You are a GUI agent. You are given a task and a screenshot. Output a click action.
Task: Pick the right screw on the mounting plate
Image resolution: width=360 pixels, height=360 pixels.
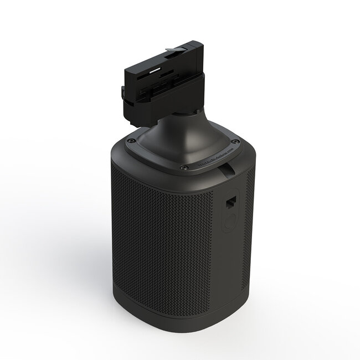(236, 142)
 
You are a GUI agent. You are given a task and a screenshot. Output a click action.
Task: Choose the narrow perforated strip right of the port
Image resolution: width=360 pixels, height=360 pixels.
(248, 222)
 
